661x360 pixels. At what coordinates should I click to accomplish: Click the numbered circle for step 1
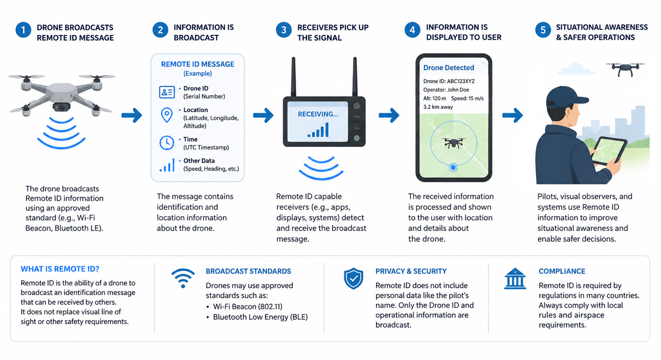coord(23,30)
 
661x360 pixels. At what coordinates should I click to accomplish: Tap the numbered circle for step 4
coord(412,30)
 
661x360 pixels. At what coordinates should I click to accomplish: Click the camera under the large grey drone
coord(62,107)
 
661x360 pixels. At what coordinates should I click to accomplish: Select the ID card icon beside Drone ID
coord(167,92)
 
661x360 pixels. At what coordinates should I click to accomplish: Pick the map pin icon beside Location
coord(167,115)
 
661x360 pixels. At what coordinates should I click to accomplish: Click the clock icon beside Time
coord(167,143)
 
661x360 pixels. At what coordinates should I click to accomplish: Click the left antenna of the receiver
coord(294,77)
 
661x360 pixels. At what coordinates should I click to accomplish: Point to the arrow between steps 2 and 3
coord(263,115)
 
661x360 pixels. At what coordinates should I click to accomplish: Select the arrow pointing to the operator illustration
coord(513,115)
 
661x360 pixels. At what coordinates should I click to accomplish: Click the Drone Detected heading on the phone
coord(449,68)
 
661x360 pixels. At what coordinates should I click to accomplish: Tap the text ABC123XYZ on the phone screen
coord(461,81)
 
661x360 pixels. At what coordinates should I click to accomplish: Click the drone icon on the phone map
coord(454,143)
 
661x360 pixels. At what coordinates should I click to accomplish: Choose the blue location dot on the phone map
coord(453,168)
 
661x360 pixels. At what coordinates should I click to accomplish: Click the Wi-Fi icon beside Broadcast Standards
coord(183,278)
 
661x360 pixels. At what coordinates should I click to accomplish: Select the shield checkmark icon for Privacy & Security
coord(353,278)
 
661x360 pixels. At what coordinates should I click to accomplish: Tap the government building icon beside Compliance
coord(515,278)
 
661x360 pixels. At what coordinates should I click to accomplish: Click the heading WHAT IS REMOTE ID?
coord(60,269)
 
